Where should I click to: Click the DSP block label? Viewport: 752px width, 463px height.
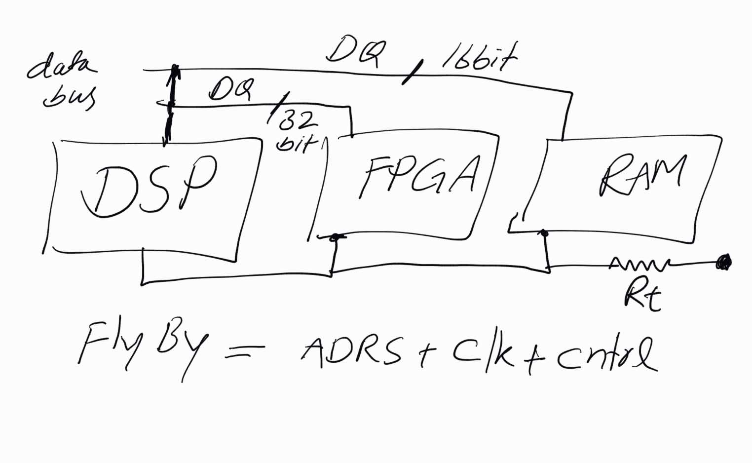coord(148,188)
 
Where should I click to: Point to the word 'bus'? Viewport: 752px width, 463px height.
coord(69,97)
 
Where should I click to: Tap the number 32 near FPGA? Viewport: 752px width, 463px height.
coord(298,120)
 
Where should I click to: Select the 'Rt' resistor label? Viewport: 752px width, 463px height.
coord(641,296)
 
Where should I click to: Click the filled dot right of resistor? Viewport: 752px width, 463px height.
coord(724,262)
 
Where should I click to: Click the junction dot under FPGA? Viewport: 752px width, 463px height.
coord(335,237)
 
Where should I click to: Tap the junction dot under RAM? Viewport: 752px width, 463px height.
coord(544,233)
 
